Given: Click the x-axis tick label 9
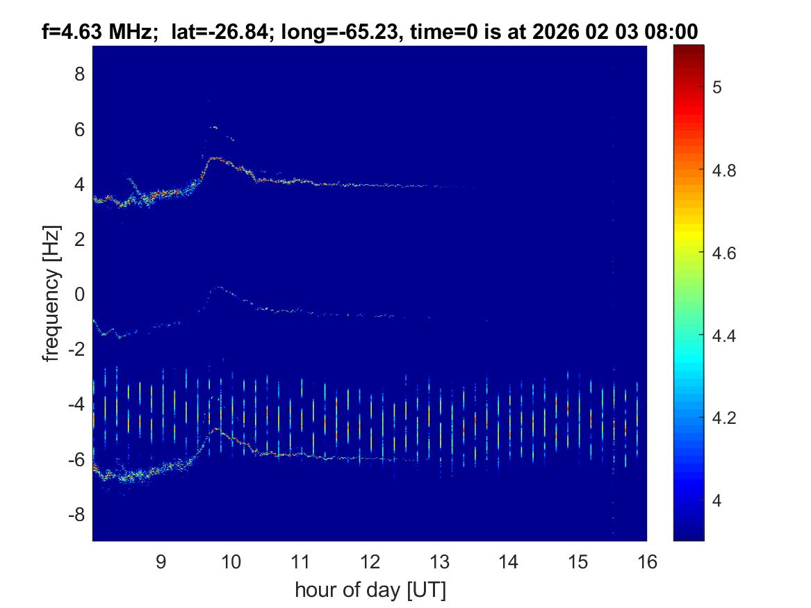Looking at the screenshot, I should pyautogui.click(x=161, y=561).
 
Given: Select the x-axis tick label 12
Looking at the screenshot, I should pyautogui.click(x=369, y=561).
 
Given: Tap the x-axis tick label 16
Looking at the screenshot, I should pyautogui.click(x=647, y=561).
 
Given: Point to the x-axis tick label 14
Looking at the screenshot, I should pyautogui.click(x=508, y=561).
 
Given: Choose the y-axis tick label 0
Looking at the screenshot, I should pyautogui.click(x=80, y=294).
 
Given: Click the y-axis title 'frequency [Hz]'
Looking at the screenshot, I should pyautogui.click(x=51, y=293).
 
